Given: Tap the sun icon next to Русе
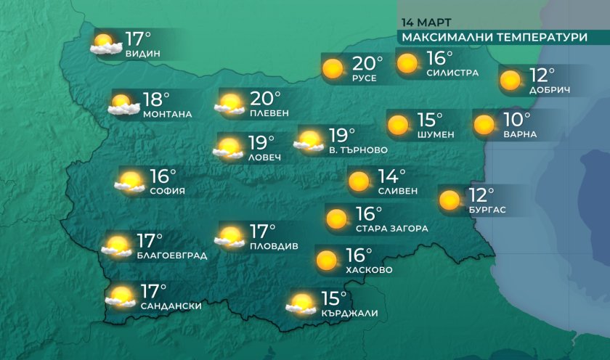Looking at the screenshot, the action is click(x=333, y=69).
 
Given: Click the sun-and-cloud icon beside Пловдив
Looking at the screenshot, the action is click(x=230, y=237).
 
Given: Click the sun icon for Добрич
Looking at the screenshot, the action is click(x=510, y=79).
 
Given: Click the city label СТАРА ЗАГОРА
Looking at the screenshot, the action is click(x=391, y=228).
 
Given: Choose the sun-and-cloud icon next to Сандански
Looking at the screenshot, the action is click(x=121, y=296).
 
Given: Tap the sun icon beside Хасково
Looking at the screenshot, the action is click(x=327, y=259).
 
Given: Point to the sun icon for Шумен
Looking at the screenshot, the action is click(x=398, y=126).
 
